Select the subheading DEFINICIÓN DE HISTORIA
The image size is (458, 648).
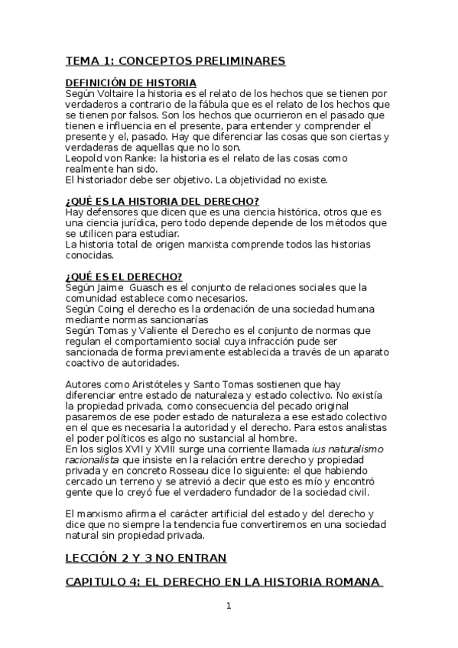click(131, 83)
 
